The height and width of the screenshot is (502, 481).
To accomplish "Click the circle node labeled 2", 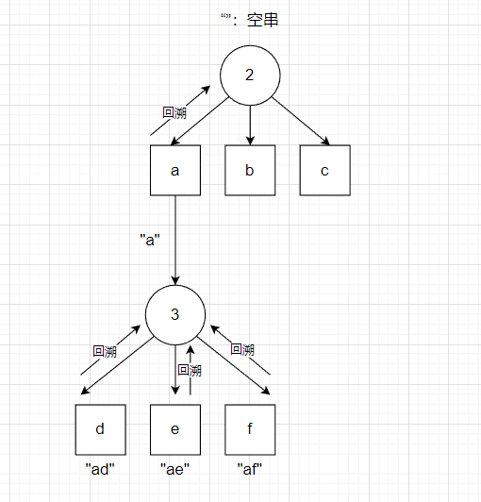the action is point(250,75).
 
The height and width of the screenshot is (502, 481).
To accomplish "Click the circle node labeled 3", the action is point(175,315).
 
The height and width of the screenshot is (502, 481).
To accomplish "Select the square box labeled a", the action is point(175,170).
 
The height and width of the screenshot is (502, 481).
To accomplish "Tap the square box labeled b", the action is point(250,170).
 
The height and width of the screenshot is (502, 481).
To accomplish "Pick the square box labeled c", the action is point(324,170).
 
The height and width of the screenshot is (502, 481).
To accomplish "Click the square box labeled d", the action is point(101,429).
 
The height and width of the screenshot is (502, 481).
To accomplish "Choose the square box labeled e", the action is point(175,429).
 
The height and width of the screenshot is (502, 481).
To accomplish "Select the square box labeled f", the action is point(250,429).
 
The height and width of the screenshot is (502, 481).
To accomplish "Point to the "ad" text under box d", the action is point(100,470).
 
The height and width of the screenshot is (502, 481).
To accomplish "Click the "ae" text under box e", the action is point(174,470).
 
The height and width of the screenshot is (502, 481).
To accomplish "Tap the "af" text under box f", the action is point(250,470).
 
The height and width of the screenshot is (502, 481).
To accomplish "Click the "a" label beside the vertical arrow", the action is point(150,240).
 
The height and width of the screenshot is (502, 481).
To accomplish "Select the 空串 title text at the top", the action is point(262,20).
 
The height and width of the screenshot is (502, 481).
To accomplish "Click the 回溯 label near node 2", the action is point(174,112).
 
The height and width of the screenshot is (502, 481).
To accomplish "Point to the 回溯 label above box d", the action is point(105,351).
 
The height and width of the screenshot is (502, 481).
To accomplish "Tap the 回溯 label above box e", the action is point(190,371).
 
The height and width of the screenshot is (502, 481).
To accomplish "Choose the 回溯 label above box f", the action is point(242,349).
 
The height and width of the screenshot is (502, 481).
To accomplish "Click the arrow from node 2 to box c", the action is point(301,122).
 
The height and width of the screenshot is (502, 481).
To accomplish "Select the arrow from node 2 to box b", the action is point(250,125).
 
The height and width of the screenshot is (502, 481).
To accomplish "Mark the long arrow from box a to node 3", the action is point(175,240).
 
